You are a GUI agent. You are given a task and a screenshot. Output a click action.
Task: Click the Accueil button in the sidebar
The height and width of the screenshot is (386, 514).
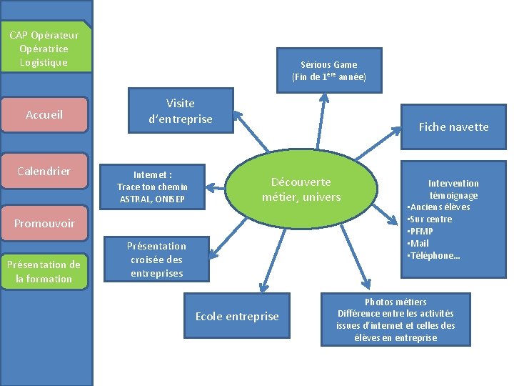[44, 115]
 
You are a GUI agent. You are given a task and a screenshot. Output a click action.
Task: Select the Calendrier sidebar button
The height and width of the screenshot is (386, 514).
[44, 172]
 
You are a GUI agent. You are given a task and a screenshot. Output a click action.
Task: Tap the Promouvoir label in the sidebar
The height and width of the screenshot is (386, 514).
[44, 224]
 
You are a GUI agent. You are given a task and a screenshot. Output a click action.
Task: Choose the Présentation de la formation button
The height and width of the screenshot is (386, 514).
[44, 272]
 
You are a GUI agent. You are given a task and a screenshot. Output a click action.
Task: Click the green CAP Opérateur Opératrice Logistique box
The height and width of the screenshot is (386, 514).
[44, 49]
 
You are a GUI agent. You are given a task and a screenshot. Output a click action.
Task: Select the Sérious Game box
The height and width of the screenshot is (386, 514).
[328, 70]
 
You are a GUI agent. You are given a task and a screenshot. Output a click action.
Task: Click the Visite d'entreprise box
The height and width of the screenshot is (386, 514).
[180, 111]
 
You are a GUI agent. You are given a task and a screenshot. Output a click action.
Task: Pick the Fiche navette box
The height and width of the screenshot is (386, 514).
[453, 127]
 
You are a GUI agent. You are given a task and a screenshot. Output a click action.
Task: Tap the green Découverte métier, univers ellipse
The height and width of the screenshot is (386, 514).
[301, 189]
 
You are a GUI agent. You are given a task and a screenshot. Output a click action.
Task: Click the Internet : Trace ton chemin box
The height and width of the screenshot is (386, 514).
[152, 187]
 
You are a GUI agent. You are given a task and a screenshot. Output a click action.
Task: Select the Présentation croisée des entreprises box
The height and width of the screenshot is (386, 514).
[156, 259]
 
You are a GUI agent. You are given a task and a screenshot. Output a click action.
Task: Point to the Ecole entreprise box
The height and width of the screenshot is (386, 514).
[237, 316]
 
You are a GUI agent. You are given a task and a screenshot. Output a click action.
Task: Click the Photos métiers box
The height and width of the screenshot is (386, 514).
[395, 320]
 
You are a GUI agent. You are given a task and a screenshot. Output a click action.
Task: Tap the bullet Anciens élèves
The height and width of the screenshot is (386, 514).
[441, 207]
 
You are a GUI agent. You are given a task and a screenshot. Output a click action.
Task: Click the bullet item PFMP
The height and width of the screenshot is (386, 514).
[422, 232]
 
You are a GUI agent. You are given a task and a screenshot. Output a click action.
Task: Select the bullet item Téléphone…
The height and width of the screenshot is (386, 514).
[435, 256]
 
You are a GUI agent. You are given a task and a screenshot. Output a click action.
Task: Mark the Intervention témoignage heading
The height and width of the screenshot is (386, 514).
[453, 189]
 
